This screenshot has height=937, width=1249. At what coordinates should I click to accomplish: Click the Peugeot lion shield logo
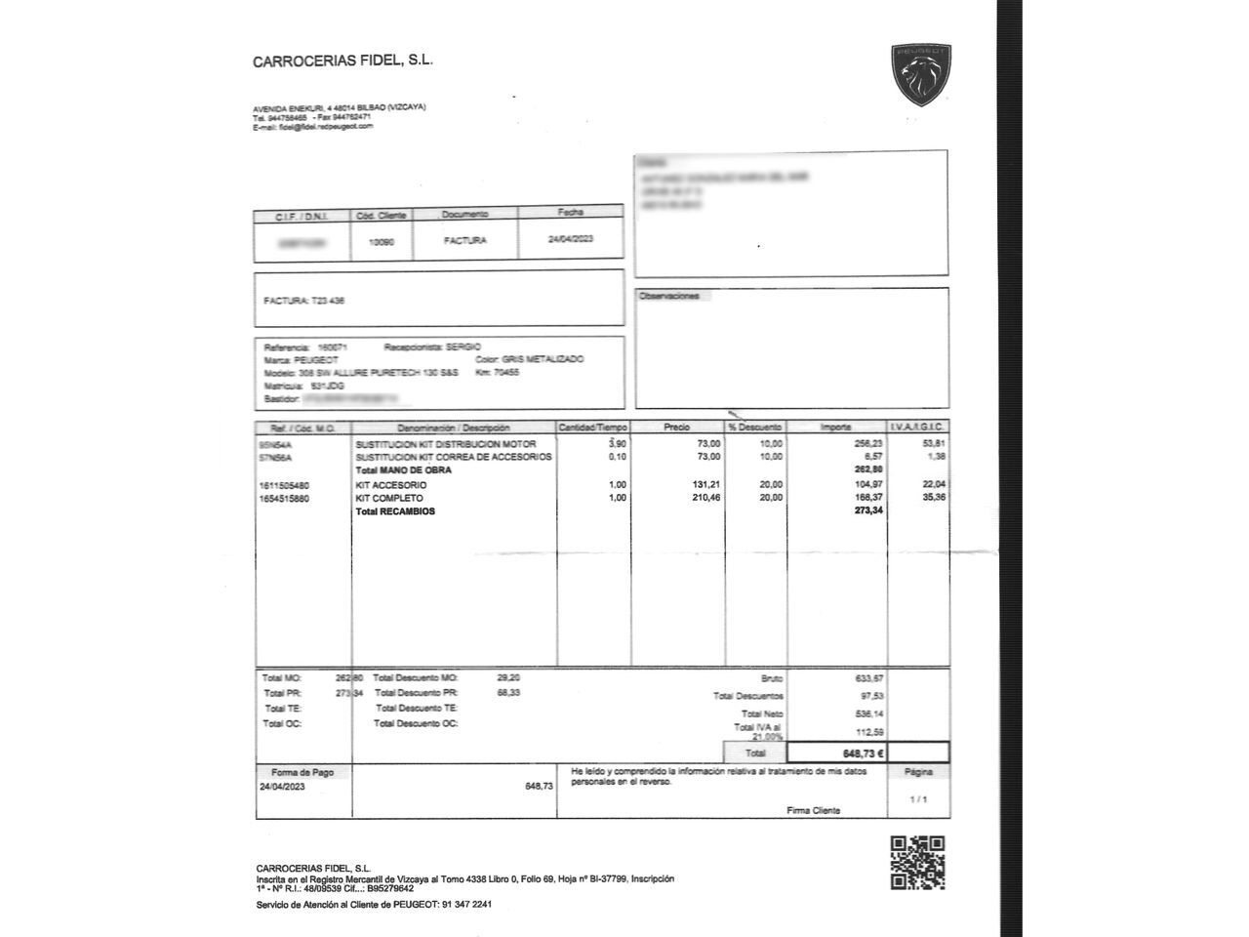click(x=920, y=75)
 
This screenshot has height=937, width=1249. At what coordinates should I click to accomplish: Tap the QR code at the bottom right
click(x=917, y=863)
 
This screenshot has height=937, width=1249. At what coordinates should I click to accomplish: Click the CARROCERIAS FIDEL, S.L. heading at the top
click(x=342, y=61)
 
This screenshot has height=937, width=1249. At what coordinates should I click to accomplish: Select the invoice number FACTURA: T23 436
click(x=303, y=301)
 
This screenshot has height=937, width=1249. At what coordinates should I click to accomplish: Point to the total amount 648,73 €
click(x=864, y=753)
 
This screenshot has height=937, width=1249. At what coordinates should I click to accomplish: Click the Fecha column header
click(x=570, y=212)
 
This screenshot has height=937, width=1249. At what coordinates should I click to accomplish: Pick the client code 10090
click(x=382, y=241)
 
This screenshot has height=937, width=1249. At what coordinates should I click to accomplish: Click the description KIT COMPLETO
click(x=389, y=498)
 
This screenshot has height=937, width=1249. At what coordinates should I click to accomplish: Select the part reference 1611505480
click(x=284, y=485)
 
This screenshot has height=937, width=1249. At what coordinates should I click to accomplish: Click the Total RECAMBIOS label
click(x=395, y=511)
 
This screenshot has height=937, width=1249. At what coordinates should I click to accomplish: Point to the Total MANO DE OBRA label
click(x=403, y=470)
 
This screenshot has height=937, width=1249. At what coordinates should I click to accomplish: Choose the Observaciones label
click(x=669, y=296)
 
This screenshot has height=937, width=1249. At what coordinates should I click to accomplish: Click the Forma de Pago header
click(x=302, y=772)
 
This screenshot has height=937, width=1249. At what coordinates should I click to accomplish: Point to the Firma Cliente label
click(x=813, y=810)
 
